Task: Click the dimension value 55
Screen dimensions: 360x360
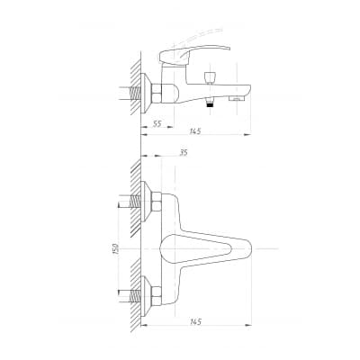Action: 157,123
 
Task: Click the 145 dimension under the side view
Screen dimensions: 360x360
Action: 195,131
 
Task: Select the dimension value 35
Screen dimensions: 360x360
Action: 184,153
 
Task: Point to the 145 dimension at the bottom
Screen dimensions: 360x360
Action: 195,322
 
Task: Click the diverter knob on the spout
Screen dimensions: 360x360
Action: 210,77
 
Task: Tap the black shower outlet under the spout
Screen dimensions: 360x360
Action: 211,104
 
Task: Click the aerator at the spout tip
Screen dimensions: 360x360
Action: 237,98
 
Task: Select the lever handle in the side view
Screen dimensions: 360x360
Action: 194,54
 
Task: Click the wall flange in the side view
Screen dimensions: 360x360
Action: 146,94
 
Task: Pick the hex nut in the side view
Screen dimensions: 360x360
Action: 157,93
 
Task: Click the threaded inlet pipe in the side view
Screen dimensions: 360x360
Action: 136,94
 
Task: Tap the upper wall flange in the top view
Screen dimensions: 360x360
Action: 146,202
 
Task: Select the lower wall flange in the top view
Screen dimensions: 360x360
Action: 146,296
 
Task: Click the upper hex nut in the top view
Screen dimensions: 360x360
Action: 157,202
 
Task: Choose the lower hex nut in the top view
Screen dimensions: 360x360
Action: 157,296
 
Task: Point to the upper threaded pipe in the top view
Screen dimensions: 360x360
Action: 135,202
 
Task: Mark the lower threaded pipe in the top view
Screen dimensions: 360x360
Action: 135,296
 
